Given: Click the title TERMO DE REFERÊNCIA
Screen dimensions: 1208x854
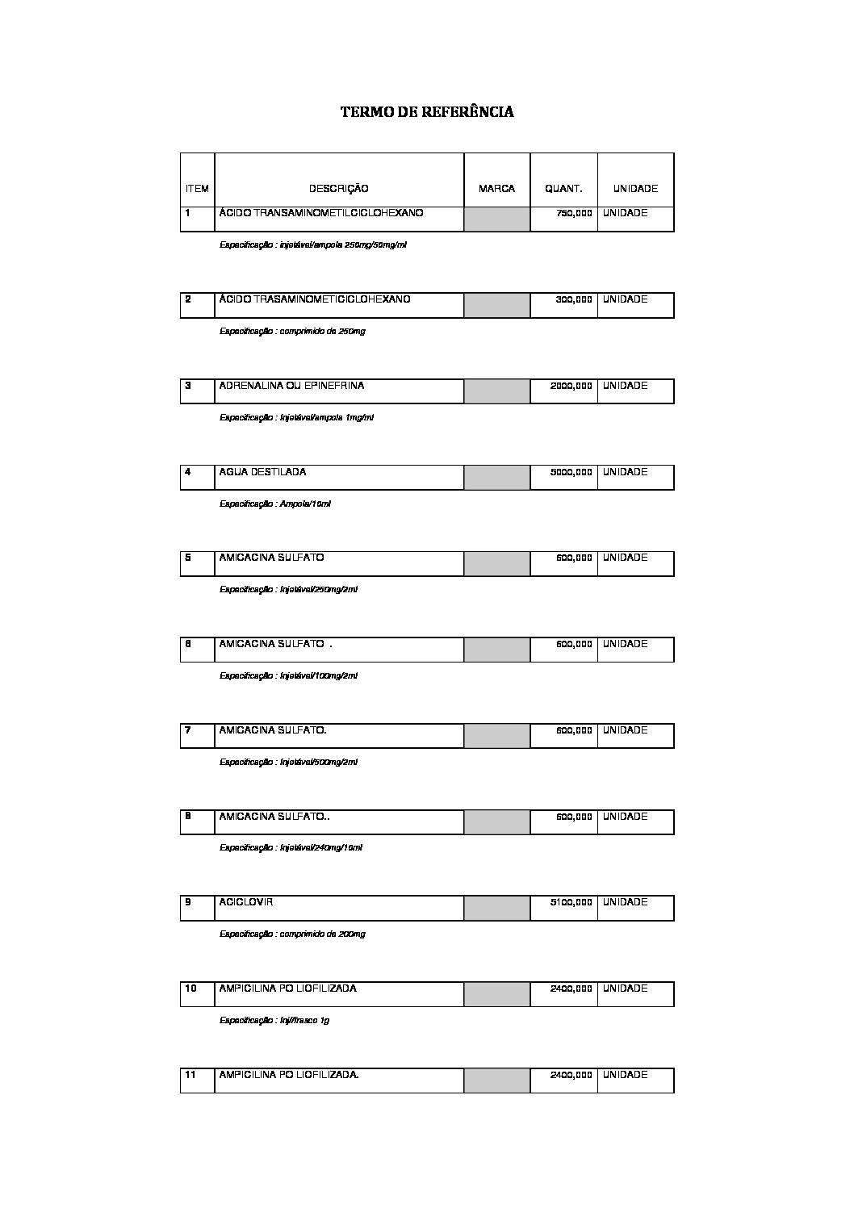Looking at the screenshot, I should pyautogui.click(x=427, y=112).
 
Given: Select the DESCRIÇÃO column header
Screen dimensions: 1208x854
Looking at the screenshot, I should pyautogui.click(x=338, y=189).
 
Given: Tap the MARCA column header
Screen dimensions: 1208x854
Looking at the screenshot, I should pyautogui.click(x=496, y=189).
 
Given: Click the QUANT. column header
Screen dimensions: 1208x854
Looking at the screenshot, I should pyautogui.click(x=563, y=189).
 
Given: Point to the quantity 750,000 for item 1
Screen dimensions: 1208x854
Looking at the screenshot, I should pyautogui.click(x=574, y=213).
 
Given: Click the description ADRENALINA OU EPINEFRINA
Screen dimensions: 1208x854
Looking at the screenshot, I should pyautogui.click(x=291, y=386).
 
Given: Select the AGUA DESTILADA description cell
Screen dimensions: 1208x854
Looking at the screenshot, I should pyautogui.click(x=262, y=472).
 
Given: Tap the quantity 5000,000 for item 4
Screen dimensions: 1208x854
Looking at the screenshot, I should pyautogui.click(x=571, y=472).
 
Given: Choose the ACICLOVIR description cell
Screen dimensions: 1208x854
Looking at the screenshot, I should pyautogui.click(x=246, y=902).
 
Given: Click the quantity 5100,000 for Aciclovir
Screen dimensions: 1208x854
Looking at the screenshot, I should pyautogui.click(x=571, y=902).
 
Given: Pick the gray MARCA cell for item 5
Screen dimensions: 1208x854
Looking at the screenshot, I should pyautogui.click(x=496, y=563).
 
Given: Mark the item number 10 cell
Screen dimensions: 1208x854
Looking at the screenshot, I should pyautogui.click(x=192, y=989).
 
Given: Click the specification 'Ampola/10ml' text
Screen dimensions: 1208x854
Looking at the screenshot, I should pyautogui.click(x=275, y=504).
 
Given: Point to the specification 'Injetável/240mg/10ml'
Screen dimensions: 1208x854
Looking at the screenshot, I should pyautogui.click(x=291, y=848).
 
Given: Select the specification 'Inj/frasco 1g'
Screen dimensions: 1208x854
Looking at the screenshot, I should pyautogui.click(x=274, y=1020).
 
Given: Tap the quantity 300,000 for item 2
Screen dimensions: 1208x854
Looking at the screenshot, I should pyautogui.click(x=574, y=299).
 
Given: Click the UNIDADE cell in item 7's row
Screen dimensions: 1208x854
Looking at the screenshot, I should pyautogui.click(x=626, y=730).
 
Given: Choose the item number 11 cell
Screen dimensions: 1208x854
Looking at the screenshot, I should pyautogui.click(x=191, y=1075).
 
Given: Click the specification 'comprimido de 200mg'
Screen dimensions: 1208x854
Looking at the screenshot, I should pyautogui.click(x=292, y=934).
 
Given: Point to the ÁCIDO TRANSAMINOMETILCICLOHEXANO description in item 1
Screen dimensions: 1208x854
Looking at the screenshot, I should pyautogui.click(x=320, y=213).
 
